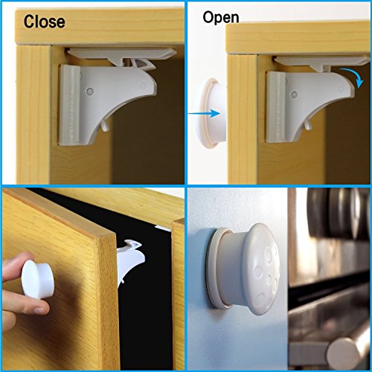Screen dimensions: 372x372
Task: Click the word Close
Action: coord(45,22)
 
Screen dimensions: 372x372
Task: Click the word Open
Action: coord(221,18)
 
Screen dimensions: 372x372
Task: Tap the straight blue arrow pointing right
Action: coord(204,114)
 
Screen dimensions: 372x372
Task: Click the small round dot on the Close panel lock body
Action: coord(90,91)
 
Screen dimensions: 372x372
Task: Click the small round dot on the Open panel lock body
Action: coord(295,94)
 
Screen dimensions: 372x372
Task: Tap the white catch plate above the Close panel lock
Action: coord(122,53)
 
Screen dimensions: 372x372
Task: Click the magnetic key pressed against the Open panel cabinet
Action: coord(213,114)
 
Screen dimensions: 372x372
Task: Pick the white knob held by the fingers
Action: coord(38,279)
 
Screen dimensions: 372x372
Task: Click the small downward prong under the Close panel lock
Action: coord(105,125)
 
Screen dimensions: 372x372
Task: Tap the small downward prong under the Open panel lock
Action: coord(308,124)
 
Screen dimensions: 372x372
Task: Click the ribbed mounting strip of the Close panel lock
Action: coord(69,105)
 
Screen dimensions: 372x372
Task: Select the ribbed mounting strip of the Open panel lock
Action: coord(275,107)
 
